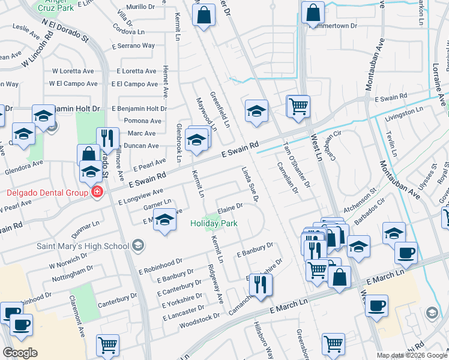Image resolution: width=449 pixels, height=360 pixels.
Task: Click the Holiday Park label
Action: pos(214,223)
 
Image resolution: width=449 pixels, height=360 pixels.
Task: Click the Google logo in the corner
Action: pos(20,352)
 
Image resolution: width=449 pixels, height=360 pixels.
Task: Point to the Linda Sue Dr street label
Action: pos(250,185)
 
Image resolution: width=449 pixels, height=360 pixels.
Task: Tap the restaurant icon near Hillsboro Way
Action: pos(261,284)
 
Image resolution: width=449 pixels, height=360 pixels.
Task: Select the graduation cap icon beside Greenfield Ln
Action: pos(256,111)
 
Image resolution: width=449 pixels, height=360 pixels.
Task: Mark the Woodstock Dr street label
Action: pos(199,319)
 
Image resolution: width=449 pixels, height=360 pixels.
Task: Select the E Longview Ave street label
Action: pos(141,196)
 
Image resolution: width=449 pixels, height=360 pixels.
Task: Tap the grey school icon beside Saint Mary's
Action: pos(138,245)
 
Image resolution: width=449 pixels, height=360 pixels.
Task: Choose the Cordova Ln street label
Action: pos(133,31)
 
